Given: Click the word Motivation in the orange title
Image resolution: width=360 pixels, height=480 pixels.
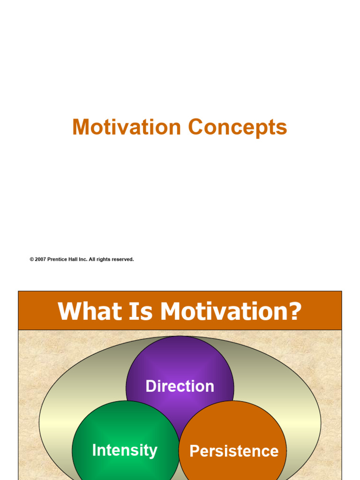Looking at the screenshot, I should [127, 127].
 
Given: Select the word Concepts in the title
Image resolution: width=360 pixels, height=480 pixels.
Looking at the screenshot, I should [238, 127].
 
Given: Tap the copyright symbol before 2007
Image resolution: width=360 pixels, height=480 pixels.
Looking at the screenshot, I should [32, 259].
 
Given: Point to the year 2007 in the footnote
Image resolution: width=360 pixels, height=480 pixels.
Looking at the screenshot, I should [40, 259].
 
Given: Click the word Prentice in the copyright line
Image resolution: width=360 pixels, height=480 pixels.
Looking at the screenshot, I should [58, 259].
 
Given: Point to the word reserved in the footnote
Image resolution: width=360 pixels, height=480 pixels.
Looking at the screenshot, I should [124, 259].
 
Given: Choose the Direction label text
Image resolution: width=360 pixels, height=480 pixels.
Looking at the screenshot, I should [180, 386].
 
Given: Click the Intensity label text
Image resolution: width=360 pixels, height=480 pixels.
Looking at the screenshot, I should [125, 450].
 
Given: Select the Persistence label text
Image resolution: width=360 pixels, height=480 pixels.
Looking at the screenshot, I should [234, 451].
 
